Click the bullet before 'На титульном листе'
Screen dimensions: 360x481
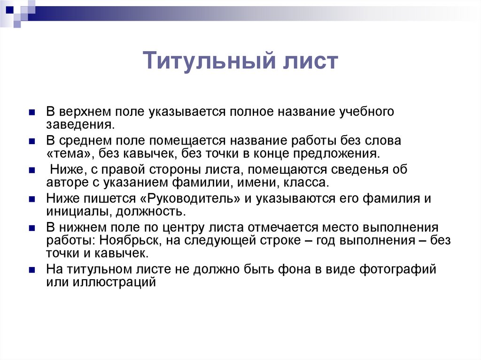pos(32,270)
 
